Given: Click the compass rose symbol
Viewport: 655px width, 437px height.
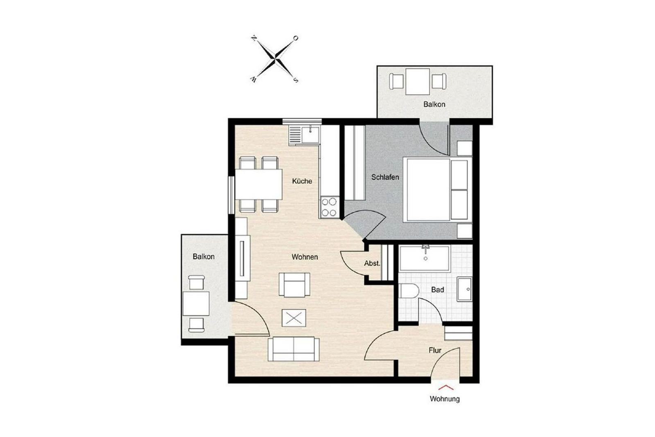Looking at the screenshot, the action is (275, 59).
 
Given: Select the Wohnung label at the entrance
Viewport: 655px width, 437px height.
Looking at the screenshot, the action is (445, 399).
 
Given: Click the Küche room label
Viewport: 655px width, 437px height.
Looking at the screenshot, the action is (302, 181).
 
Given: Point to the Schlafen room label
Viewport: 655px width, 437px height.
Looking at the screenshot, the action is (385, 177).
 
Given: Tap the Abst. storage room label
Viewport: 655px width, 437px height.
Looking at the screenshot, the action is (372, 263).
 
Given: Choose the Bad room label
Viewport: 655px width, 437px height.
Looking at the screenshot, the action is (438, 290).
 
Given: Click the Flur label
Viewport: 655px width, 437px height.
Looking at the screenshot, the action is (435, 350).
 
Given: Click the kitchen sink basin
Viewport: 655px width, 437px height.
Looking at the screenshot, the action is (310, 135).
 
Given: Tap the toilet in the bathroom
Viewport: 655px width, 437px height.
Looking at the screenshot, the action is (409, 291).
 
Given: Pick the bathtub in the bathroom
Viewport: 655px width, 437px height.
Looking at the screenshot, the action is (424, 258).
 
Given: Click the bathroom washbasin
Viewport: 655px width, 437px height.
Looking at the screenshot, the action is (464, 289).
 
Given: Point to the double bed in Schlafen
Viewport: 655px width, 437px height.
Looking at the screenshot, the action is (438, 190).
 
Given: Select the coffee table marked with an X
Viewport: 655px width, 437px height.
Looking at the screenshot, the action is (294, 318).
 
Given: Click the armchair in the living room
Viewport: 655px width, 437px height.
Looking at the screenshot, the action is (294, 285).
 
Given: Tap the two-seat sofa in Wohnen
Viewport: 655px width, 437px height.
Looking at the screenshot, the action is (293, 349).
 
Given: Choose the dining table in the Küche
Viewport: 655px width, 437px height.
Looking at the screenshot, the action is (258, 184).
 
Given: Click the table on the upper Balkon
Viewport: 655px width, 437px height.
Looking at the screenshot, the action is (418, 82).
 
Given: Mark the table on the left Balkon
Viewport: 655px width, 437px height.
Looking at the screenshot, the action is (196, 303).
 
